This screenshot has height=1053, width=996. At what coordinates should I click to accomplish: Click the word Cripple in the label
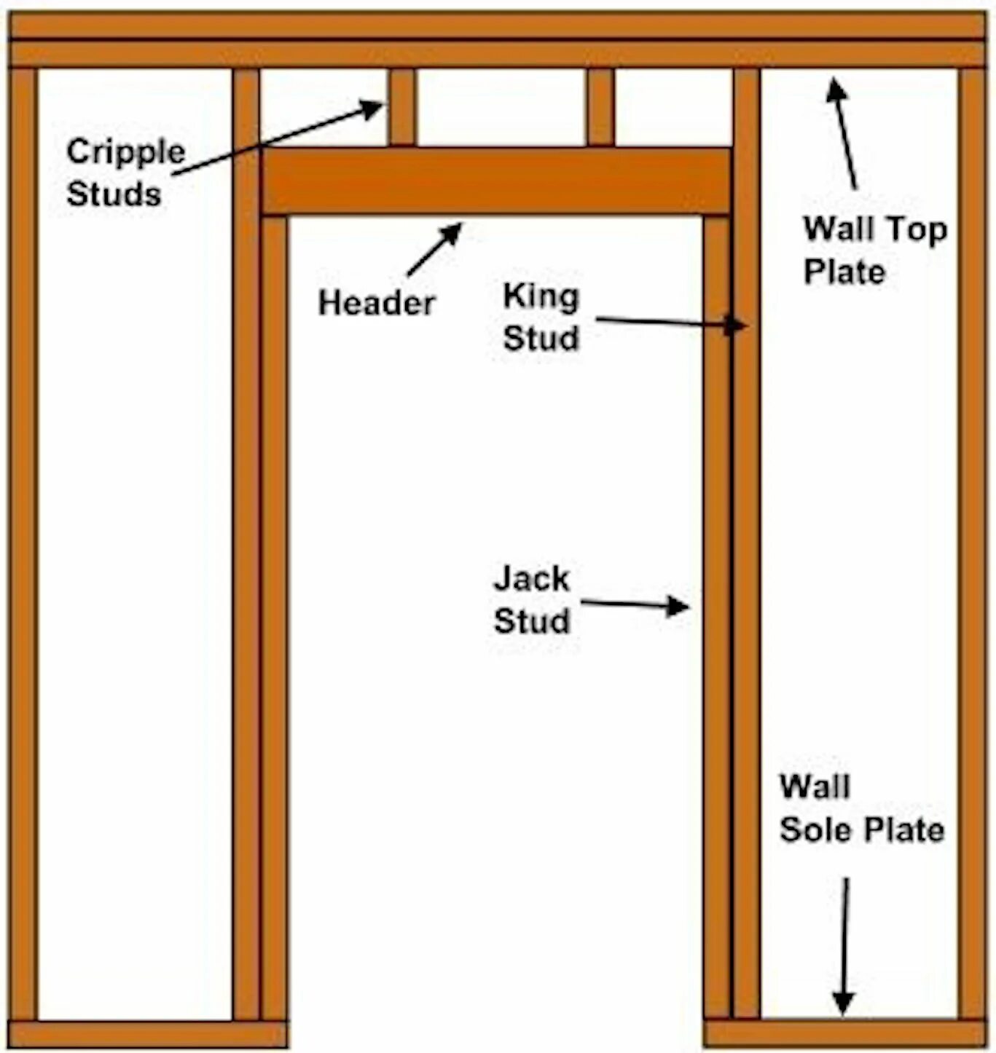click(126, 153)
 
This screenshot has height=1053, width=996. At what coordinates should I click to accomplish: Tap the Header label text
click(377, 303)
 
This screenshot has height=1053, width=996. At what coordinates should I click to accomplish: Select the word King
click(541, 296)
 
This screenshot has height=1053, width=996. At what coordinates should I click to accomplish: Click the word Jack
click(532, 579)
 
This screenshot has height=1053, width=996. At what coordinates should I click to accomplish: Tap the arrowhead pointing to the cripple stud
click(372, 109)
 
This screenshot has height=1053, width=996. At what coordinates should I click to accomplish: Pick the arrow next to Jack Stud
click(634, 604)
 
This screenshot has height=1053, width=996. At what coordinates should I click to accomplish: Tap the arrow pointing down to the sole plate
click(844, 947)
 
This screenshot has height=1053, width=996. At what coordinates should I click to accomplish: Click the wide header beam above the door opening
click(495, 181)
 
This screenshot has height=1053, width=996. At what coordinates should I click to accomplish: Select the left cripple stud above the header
click(401, 107)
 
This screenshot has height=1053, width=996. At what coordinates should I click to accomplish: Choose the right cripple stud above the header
click(600, 107)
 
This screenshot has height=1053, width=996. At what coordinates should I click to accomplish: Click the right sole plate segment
click(845, 1034)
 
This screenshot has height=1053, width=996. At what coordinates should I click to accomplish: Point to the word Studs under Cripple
click(114, 194)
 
